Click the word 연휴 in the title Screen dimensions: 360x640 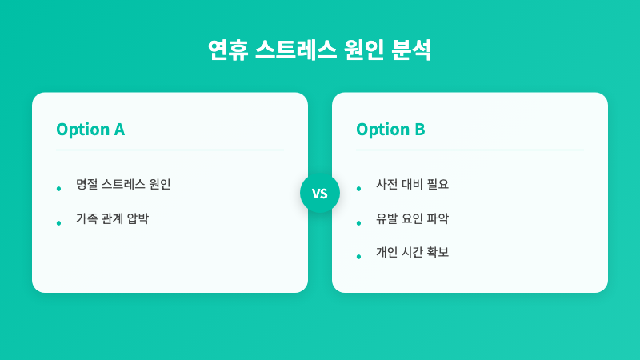(x=226, y=50)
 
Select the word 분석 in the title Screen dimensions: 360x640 (x=412, y=50)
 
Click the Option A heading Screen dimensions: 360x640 (x=90, y=130)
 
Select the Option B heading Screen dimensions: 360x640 (x=390, y=130)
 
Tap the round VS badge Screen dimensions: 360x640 (x=320, y=193)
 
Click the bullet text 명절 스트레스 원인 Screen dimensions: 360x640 (x=123, y=184)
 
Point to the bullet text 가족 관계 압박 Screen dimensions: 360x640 (x=112, y=218)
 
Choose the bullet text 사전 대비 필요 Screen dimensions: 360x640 (x=412, y=184)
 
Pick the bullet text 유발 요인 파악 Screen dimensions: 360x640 (x=412, y=218)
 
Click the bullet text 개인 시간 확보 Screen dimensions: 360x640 (x=412, y=252)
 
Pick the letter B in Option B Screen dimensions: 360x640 (x=419, y=130)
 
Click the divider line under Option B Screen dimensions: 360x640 (x=470, y=150)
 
